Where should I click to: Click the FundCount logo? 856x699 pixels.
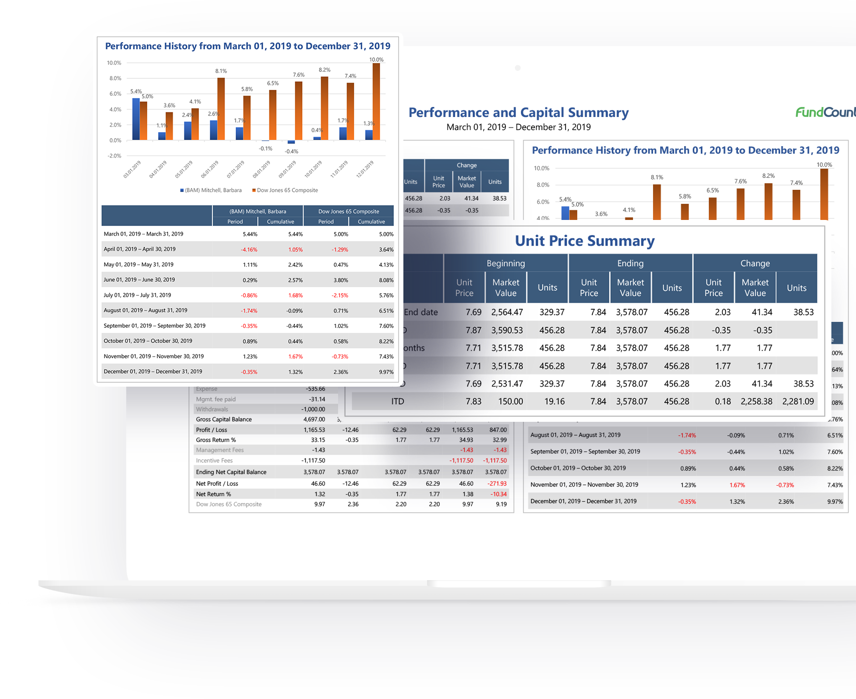click(825, 112)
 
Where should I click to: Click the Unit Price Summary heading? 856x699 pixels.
click(585, 241)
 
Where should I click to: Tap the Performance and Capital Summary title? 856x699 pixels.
click(518, 112)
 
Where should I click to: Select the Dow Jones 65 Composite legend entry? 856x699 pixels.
click(287, 190)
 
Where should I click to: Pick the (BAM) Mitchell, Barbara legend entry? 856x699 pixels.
click(212, 190)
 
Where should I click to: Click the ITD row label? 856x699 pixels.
click(397, 401)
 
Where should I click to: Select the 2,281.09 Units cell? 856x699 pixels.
click(798, 401)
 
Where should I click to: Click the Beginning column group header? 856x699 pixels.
click(505, 263)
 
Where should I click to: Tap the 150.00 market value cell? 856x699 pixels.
click(510, 401)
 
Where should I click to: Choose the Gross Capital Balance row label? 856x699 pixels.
click(224, 419)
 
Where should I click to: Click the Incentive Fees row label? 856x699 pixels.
click(214, 460)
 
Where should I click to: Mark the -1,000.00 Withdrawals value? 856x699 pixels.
click(313, 409)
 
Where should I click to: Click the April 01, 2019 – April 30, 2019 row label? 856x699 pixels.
click(140, 249)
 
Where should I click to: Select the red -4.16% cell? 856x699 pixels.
click(249, 250)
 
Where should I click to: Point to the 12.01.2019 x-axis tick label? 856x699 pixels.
click(365, 169)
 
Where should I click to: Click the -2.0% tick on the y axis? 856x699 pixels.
click(115, 156)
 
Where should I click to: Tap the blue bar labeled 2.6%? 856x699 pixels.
click(213, 130)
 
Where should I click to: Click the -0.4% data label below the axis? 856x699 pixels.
click(291, 151)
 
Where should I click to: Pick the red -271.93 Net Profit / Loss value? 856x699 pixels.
click(496, 484)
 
